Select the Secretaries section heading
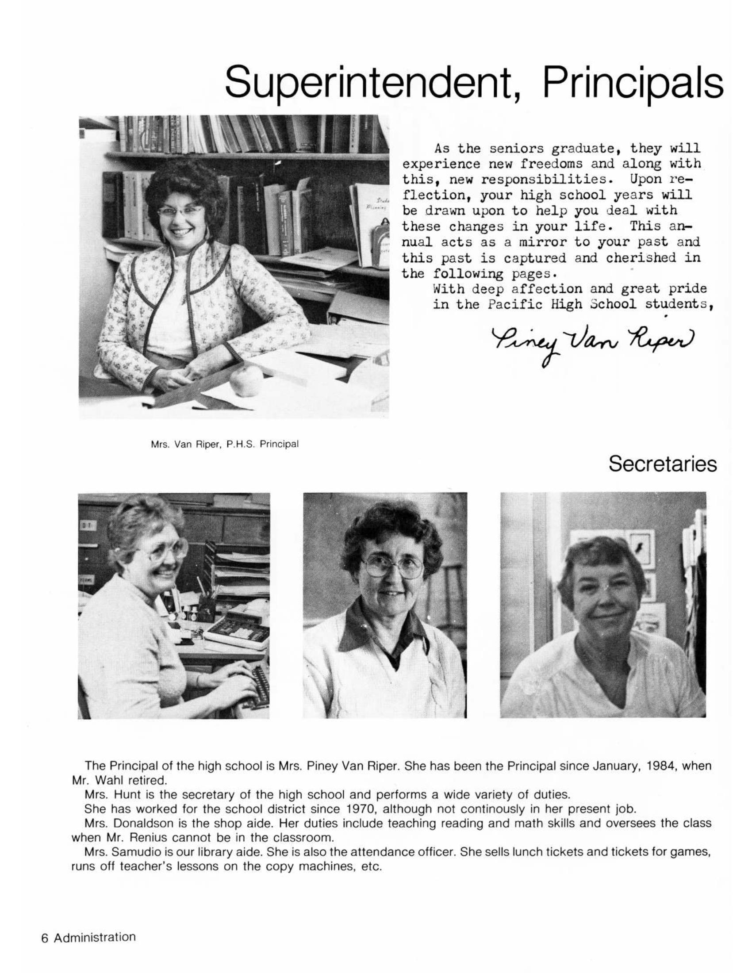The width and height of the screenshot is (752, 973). [x=663, y=464]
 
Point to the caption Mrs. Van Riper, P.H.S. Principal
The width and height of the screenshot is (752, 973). [x=225, y=444]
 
